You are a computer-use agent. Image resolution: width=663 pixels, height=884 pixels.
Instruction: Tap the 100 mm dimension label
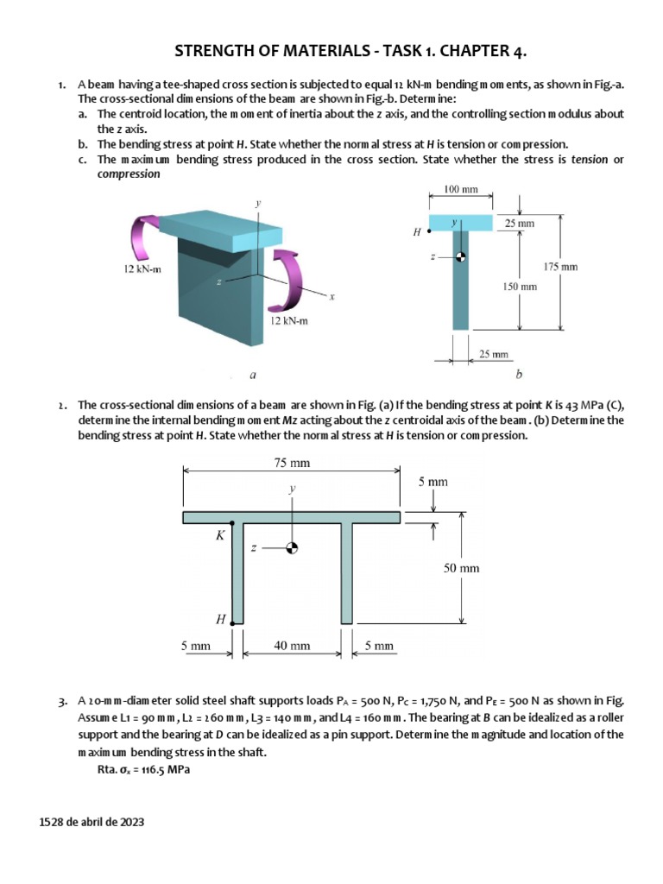coord(461,189)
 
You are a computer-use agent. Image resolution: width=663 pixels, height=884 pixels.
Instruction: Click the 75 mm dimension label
coord(292,463)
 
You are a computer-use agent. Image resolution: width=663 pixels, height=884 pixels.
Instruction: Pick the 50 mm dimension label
coord(463,568)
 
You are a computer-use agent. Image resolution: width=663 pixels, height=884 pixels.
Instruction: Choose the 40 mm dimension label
coord(292,645)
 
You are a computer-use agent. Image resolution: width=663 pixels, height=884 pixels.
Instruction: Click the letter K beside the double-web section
coord(220,535)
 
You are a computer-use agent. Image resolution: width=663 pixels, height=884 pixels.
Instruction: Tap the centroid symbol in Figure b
coord(461,256)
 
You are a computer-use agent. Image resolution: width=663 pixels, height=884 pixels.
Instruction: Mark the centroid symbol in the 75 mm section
coord(293,547)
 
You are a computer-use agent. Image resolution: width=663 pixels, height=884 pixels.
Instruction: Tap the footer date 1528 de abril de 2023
coord(92,823)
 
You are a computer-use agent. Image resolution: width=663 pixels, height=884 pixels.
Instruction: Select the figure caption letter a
coord(251,376)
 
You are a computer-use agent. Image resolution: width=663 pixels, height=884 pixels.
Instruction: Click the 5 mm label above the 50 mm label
coord(433,482)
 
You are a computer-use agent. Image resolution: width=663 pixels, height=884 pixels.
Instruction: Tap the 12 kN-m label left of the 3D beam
coord(142,269)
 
